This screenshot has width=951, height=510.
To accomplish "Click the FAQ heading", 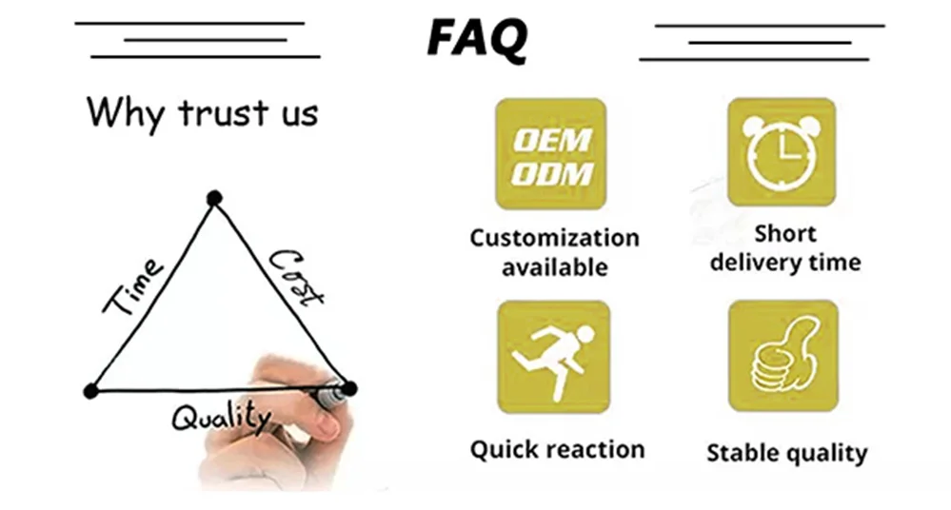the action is click(x=476, y=38).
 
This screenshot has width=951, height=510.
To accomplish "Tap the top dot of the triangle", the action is click(x=214, y=198).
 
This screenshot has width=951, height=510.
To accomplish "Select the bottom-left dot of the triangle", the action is click(x=91, y=390).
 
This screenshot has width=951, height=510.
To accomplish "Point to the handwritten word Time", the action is click(x=133, y=286).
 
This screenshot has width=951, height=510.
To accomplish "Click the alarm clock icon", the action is click(x=782, y=152).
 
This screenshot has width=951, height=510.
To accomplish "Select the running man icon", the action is click(x=553, y=358).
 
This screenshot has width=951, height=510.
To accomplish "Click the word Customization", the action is click(x=554, y=238).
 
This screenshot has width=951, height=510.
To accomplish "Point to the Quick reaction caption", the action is click(x=557, y=449).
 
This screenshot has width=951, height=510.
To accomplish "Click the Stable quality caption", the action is click(x=786, y=453).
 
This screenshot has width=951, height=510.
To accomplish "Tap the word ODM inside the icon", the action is click(x=552, y=173).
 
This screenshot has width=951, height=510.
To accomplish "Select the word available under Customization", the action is click(x=554, y=267).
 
